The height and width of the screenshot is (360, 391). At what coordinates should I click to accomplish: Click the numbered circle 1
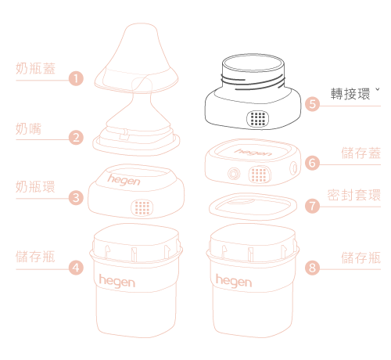[76, 78]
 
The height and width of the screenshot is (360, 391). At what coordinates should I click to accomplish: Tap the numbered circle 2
[76, 138]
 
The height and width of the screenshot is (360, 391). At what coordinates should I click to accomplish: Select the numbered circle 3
[76, 197]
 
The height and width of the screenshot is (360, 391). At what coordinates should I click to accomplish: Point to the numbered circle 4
[76, 268]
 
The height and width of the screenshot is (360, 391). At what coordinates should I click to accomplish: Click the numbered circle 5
[312, 104]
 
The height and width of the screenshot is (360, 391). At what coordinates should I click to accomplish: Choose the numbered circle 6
[312, 163]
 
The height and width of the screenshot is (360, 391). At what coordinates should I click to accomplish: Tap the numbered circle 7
[312, 206]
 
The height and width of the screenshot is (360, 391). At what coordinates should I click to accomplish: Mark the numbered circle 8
[312, 268]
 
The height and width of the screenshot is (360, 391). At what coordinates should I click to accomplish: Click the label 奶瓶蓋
[35, 69]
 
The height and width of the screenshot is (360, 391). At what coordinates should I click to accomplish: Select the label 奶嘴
[29, 128]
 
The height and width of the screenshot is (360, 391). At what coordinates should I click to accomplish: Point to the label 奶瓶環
[35, 187]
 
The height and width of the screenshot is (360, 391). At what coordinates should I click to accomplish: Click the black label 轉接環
[350, 94]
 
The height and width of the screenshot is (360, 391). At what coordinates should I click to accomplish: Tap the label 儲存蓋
[361, 153]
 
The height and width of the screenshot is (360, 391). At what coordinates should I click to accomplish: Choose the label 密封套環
[354, 195]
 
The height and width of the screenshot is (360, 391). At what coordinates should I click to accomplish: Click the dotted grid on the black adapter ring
[258, 119]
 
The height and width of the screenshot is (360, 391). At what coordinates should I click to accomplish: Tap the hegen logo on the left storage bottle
[117, 281]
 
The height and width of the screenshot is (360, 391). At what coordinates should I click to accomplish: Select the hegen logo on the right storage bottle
[234, 281]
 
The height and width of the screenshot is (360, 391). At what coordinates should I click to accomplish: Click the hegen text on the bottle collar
[124, 180]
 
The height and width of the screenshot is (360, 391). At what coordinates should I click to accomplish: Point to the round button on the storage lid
[234, 174]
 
